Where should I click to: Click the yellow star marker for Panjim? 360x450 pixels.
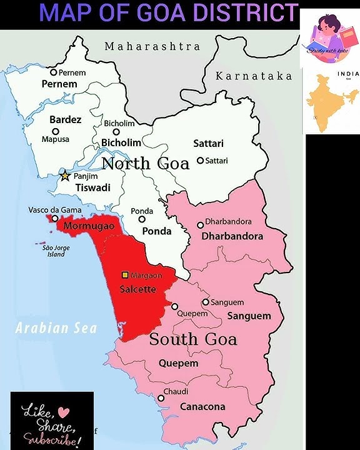(x=65, y=176)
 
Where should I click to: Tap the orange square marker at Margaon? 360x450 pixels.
(x=126, y=275)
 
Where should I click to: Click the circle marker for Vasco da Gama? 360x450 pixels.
(x=55, y=219)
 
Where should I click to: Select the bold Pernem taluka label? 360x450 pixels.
(x=59, y=84)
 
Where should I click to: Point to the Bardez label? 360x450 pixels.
(x=65, y=119)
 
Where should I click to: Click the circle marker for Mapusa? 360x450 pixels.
(x=56, y=131)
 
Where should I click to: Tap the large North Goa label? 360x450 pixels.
(x=145, y=164)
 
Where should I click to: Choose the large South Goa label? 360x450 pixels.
(x=192, y=339)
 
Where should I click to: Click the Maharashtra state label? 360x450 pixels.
(x=152, y=46)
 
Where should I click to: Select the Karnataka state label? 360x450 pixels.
(x=254, y=76)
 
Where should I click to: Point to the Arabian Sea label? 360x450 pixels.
(x=56, y=328)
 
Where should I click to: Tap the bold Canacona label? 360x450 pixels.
(x=202, y=407)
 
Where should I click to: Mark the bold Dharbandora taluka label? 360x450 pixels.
(x=232, y=236)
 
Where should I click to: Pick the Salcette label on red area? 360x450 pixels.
(x=137, y=289)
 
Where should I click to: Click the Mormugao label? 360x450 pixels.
(x=89, y=226)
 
